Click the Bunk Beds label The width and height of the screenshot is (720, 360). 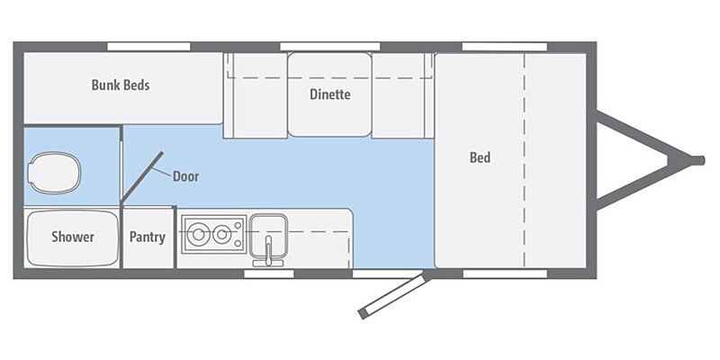pyautogui.click(x=120, y=85)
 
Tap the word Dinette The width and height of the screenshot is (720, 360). pyautogui.click(x=329, y=94)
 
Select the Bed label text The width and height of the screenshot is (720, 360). pyautogui.click(x=480, y=158)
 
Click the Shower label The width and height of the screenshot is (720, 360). pyautogui.click(x=72, y=238)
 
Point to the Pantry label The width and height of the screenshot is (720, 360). pyautogui.click(x=147, y=238)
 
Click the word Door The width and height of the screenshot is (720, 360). pyautogui.click(x=185, y=176)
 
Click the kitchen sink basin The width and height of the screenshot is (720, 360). pyautogui.click(x=267, y=228)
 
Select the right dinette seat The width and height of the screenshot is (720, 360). pyautogui.click(x=401, y=94)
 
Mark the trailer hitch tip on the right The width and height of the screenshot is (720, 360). pyautogui.click(x=697, y=160)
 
